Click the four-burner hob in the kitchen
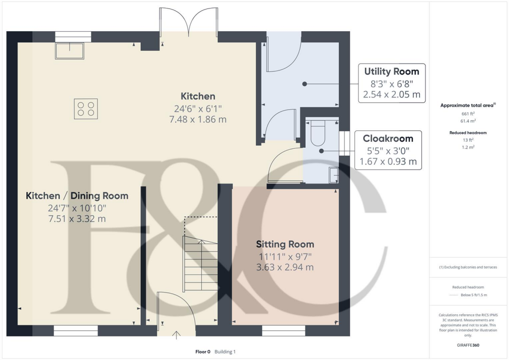[x=85, y=108]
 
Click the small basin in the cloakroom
[x=334, y=176]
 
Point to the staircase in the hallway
[x=200, y=264]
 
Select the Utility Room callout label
[x=391, y=71]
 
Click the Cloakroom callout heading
[x=388, y=138]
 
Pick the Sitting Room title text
[x=285, y=244]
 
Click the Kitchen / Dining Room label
[x=77, y=196]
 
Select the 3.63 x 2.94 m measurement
[x=285, y=267]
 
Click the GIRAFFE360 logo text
[x=468, y=345]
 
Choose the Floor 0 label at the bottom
[x=204, y=352]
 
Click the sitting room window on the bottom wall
[x=277, y=330]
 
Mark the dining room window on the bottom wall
[x=76, y=330]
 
